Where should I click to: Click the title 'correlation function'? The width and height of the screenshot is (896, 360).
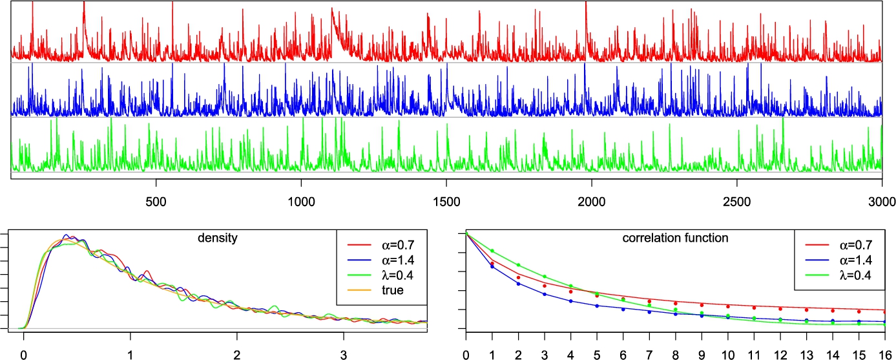675,238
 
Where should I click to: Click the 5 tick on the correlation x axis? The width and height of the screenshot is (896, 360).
597,354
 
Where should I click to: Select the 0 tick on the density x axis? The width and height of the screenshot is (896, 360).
24,354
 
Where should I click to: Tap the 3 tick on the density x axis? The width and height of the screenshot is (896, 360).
343,354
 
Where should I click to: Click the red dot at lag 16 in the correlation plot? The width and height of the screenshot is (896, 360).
884,312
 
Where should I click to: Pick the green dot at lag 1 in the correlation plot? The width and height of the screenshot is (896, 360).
492,251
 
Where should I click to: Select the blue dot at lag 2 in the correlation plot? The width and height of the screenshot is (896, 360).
518,284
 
